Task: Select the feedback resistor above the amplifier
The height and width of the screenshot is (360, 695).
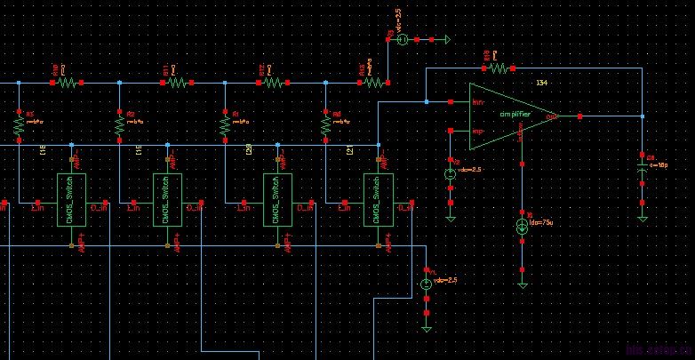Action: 499,68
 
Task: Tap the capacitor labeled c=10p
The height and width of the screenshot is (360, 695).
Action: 643,169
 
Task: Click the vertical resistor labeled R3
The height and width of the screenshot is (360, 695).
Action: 19,127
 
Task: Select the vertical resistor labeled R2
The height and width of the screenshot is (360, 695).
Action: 119,127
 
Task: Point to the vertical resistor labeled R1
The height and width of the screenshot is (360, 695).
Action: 224,127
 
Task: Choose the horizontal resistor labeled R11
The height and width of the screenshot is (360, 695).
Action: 175,82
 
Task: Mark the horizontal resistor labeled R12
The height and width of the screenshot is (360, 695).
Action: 272,82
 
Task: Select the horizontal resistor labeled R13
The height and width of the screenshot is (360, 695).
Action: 373,82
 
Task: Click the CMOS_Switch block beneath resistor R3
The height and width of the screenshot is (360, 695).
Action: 70,200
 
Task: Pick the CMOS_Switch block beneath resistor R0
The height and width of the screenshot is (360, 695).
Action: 379,200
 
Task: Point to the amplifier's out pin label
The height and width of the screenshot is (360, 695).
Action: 551,116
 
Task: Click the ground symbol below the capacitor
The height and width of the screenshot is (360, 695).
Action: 643,217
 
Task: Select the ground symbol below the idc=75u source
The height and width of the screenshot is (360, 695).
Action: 522,284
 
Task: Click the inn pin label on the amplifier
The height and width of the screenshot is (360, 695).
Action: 478,103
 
